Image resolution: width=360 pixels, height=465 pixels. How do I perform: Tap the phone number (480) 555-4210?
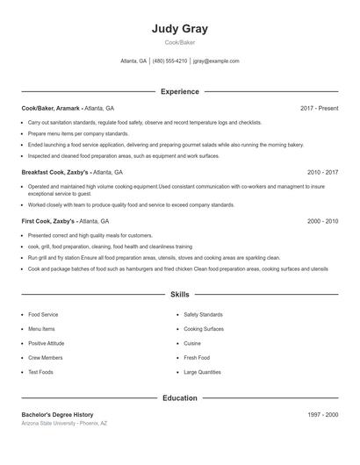(x=169, y=61)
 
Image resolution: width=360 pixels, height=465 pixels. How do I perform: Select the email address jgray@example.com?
(x=216, y=61)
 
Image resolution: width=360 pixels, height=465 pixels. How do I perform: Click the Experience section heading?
(x=179, y=91)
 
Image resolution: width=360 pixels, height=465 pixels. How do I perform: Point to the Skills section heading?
(x=179, y=295)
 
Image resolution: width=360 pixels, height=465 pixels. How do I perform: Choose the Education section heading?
(x=179, y=398)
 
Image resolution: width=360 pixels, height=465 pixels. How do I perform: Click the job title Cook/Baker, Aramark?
(x=51, y=108)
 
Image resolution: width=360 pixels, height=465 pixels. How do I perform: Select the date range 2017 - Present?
(x=319, y=108)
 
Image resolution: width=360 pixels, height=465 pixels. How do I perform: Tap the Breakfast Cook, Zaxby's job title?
(x=55, y=173)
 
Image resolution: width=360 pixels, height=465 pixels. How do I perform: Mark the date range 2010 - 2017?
(x=322, y=173)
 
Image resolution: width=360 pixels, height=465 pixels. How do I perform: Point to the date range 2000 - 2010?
(x=322, y=222)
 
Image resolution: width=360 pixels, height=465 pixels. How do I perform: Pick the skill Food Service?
(x=43, y=314)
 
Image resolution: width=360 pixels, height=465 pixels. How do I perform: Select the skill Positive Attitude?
(x=47, y=343)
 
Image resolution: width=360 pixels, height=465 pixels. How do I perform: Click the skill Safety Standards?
(x=203, y=314)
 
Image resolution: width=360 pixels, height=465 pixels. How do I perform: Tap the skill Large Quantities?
(x=202, y=372)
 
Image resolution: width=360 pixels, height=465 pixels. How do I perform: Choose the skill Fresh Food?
(x=197, y=358)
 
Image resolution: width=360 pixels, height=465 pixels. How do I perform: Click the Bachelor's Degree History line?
(x=57, y=414)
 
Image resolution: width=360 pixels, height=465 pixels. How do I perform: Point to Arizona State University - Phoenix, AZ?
(x=64, y=424)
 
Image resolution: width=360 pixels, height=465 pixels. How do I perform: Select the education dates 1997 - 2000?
(x=322, y=414)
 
